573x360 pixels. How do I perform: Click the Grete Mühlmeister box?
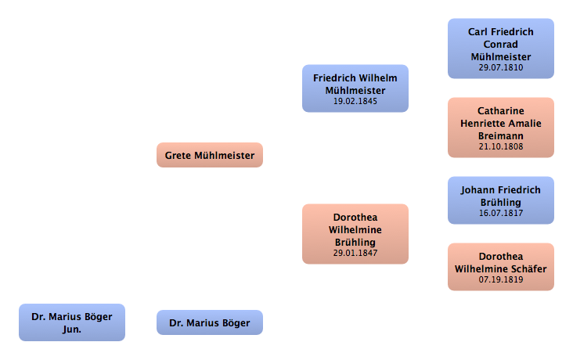click(x=210, y=155)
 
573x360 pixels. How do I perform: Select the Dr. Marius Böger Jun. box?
click(x=72, y=322)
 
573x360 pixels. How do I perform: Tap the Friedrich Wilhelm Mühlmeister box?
click(x=355, y=88)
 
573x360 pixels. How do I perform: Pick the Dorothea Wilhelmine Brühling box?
click(x=355, y=234)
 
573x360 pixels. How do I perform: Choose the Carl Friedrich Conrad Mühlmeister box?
click(x=501, y=49)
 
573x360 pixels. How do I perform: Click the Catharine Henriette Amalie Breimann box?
click(x=501, y=128)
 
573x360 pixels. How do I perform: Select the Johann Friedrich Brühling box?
click(x=501, y=200)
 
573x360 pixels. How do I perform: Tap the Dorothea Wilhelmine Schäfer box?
click(x=501, y=267)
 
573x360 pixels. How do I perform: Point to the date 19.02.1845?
click(x=355, y=102)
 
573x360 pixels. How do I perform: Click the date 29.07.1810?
click(x=501, y=68)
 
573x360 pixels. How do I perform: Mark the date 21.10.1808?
click(x=501, y=146)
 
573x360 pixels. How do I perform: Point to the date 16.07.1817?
click(x=501, y=213)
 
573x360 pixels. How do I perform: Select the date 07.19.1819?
click(x=501, y=279)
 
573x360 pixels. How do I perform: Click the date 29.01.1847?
click(x=355, y=254)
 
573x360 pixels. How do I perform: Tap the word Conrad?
click(x=501, y=45)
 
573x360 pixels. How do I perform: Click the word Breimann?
click(x=501, y=135)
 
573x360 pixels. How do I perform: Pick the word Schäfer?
click(x=528, y=268)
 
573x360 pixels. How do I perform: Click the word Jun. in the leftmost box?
click(x=72, y=329)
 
